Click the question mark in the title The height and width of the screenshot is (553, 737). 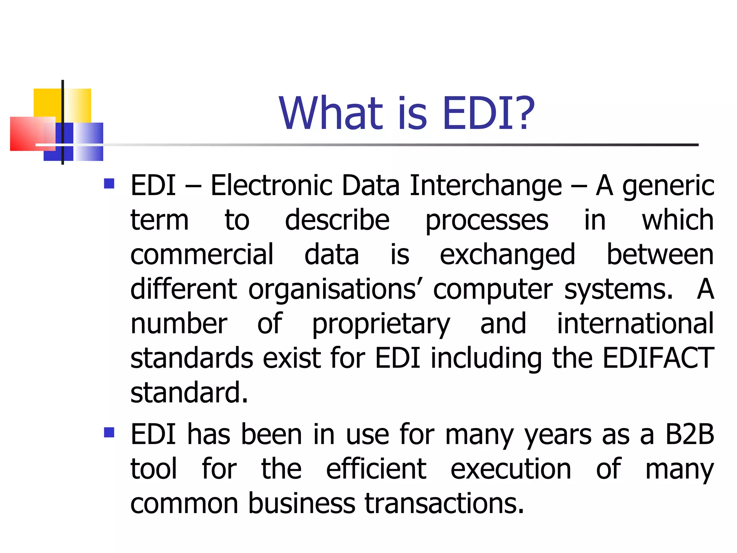point(521,113)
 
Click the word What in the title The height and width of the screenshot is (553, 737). point(331,113)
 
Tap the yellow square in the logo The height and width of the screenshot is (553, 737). point(49,103)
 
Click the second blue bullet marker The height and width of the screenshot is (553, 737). point(109,432)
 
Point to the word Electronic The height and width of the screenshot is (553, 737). point(271,186)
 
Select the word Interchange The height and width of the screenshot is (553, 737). point(485,186)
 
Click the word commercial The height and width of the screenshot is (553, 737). point(202,255)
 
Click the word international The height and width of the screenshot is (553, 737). point(635,323)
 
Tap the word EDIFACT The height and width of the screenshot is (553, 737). point(658,358)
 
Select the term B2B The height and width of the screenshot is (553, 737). point(689,434)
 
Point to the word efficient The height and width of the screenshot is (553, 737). point(376,469)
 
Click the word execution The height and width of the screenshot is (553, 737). point(511,469)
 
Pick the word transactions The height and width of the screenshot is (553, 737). point(444,503)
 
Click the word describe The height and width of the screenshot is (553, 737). point(337,220)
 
